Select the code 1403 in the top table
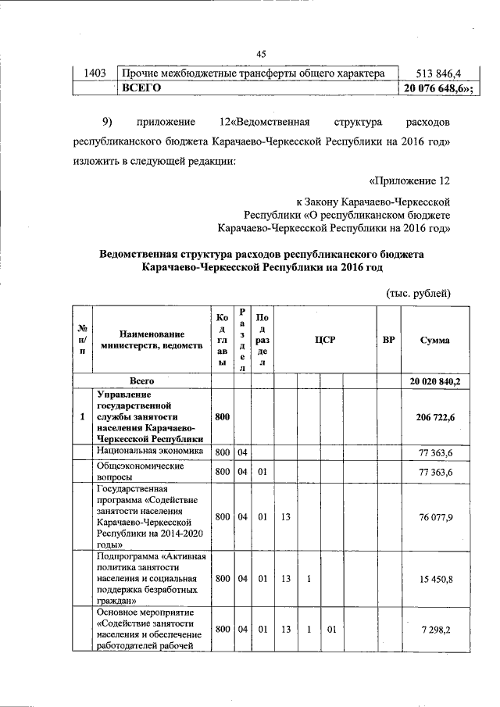95,73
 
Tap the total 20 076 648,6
439,88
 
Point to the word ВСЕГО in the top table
141,88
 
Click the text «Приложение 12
410,181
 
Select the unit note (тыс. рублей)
420,293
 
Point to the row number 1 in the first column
82,417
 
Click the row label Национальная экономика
150,452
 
